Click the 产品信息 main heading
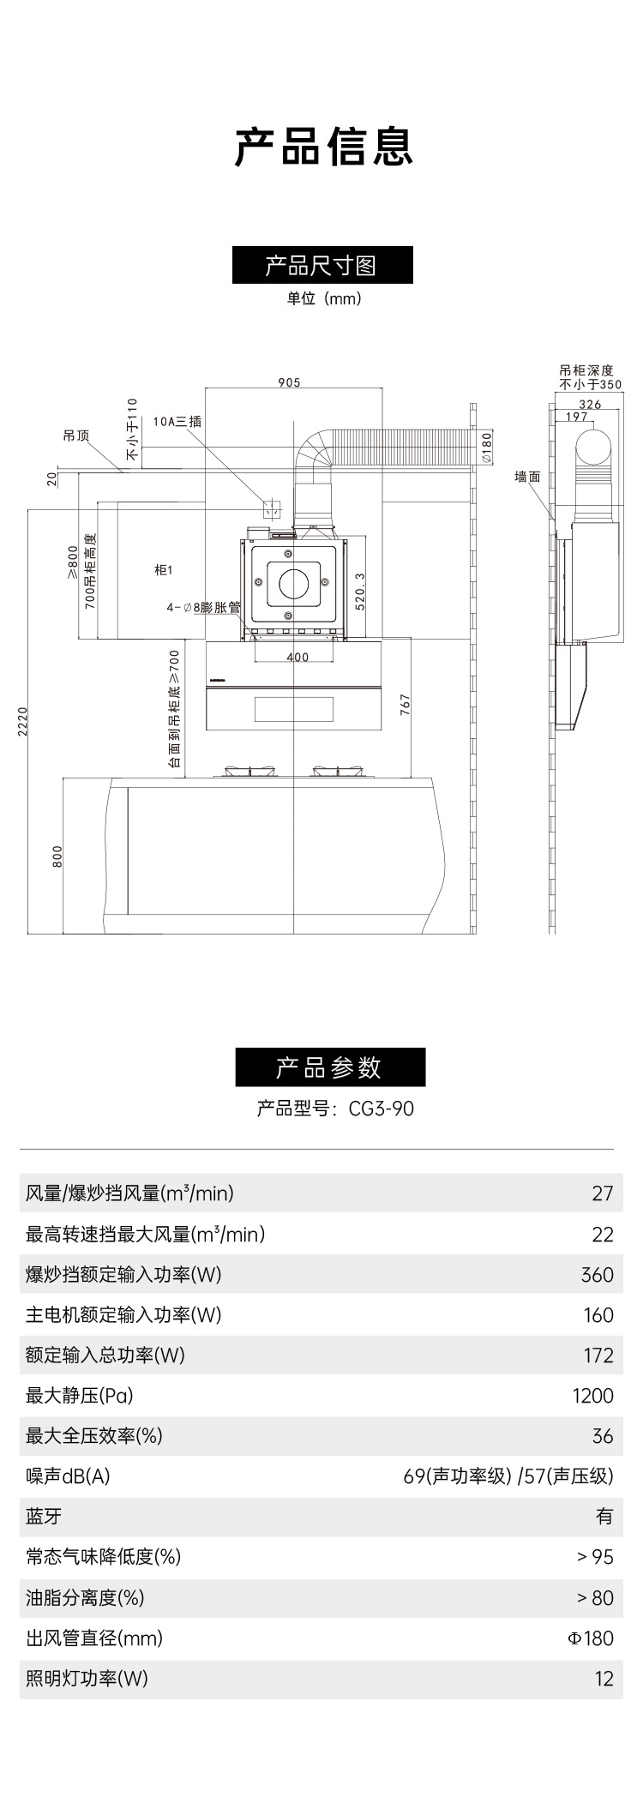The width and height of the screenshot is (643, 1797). point(323,147)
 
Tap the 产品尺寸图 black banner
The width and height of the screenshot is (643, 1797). point(322,265)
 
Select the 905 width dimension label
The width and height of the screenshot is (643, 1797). point(289,383)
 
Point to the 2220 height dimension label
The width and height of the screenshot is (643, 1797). point(22,721)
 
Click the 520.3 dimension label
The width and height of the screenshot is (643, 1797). point(360,590)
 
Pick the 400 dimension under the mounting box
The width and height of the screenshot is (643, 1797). point(297,658)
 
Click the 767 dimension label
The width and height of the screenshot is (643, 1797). point(405,705)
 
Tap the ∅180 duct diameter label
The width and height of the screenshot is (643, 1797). point(486,448)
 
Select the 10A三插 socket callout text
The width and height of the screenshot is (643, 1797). point(177,422)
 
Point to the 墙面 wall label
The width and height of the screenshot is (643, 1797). point(527,477)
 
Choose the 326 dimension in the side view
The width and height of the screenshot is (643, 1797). point(590,405)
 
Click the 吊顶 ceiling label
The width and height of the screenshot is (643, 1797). point(75,436)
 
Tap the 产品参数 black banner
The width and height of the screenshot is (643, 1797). point(330,1067)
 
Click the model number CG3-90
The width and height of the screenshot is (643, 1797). point(381,1109)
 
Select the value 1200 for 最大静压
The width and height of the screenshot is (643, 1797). point(592,1396)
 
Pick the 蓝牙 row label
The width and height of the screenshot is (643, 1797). point(44,1516)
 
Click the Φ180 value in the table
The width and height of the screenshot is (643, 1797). point(591,1638)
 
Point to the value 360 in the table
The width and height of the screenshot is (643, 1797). point(597,1275)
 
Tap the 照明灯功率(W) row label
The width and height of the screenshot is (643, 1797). point(87,1679)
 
